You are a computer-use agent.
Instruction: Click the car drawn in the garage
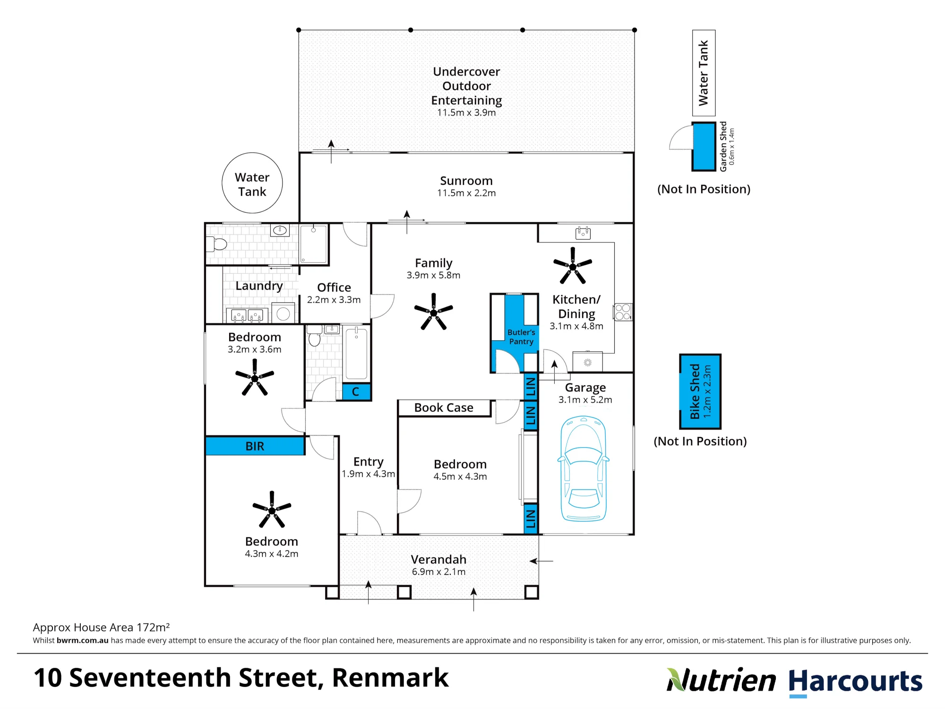[584, 469]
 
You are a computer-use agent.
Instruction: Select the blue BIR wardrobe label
[255, 446]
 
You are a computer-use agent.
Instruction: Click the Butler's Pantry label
[521, 337]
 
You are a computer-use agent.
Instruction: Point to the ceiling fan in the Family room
[433, 312]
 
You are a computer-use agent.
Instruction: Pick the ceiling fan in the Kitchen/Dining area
[573, 266]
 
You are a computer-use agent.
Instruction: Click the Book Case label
[444, 407]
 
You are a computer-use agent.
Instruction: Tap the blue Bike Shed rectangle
[700, 391]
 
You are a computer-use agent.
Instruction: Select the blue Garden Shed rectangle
[704, 147]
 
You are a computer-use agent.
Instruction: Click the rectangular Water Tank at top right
[704, 73]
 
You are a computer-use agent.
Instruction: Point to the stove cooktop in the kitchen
[623, 312]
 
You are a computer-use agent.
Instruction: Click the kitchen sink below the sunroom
[583, 233]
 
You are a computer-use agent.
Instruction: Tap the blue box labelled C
[356, 391]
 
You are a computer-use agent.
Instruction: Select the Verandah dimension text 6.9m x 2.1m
[438, 571]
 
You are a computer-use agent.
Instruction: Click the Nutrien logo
[721, 680]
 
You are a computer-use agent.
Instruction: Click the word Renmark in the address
[390, 677]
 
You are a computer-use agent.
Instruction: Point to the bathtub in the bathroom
[356, 353]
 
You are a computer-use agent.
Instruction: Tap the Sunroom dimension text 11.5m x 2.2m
[466, 193]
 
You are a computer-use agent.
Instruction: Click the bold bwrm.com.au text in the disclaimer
[83, 640]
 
